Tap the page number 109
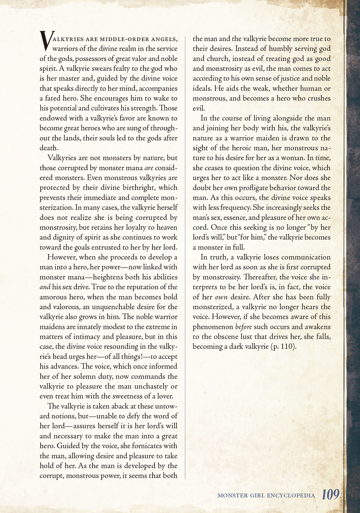pos(331,494)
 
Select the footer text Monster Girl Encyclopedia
pos(266,495)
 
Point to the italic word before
pos(244,327)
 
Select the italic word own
pos(221,297)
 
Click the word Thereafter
pos(259,277)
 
